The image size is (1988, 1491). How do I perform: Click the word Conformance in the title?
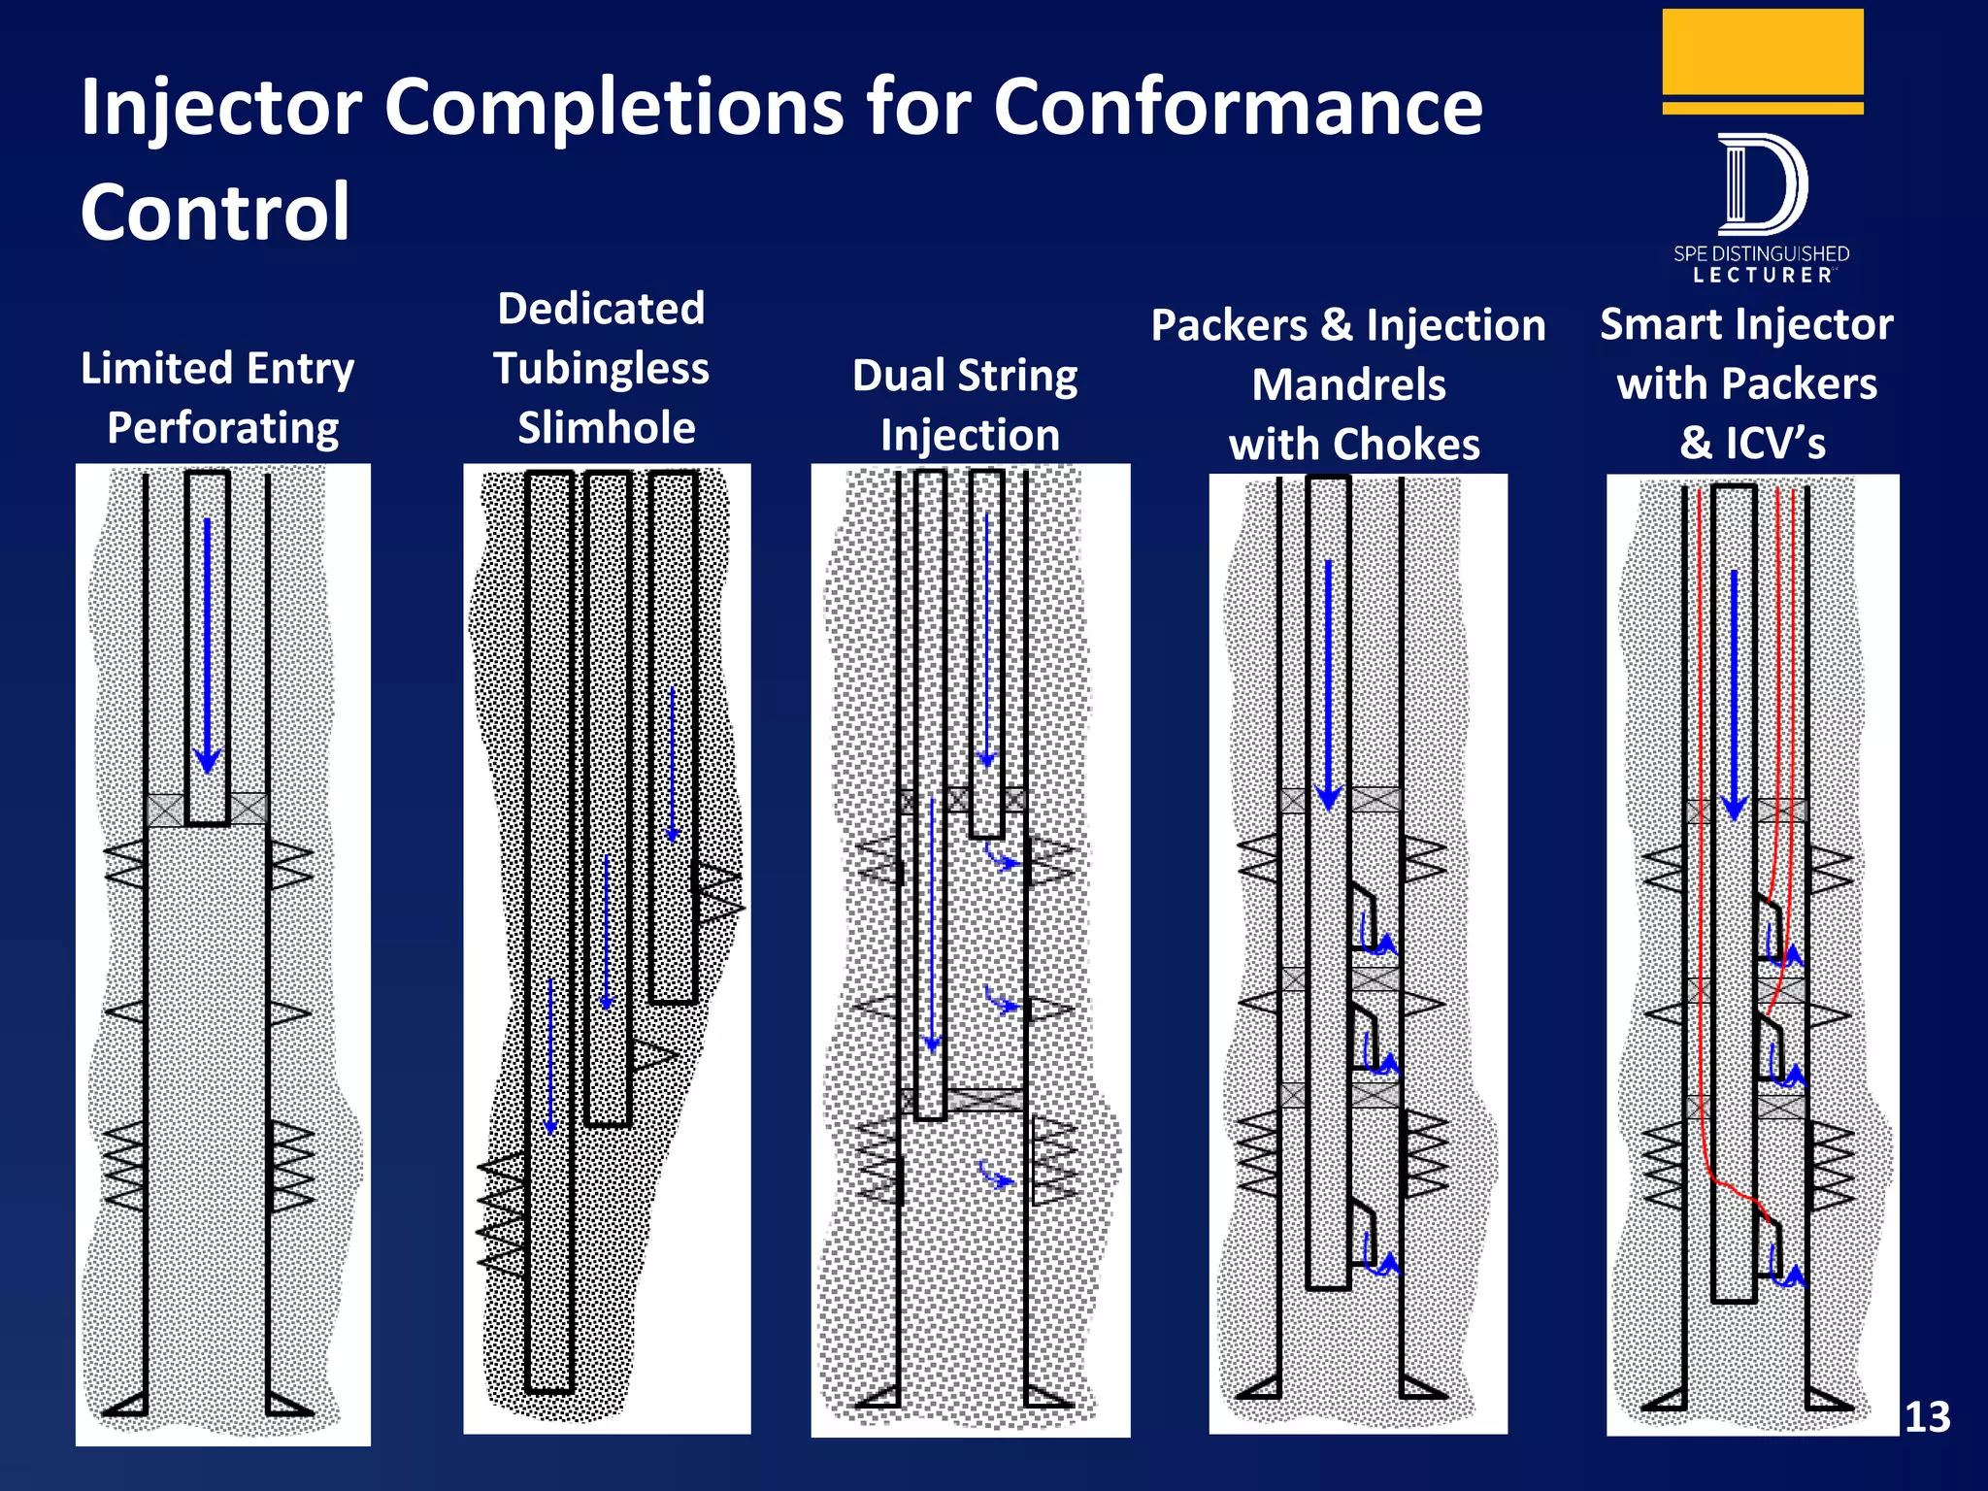[x=1238, y=107]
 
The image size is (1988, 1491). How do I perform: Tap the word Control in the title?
[x=215, y=212]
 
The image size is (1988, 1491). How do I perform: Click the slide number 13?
[x=1927, y=1417]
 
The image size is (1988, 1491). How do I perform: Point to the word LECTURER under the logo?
[x=1762, y=276]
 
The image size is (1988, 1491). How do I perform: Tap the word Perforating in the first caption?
[x=223, y=428]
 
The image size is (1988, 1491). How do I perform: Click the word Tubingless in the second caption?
[x=601, y=369]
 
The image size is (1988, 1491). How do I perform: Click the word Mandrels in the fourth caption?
[x=1348, y=385]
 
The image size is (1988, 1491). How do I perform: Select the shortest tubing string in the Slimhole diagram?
[x=674, y=738]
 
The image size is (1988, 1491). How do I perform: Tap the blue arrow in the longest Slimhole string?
[x=549, y=1058]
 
